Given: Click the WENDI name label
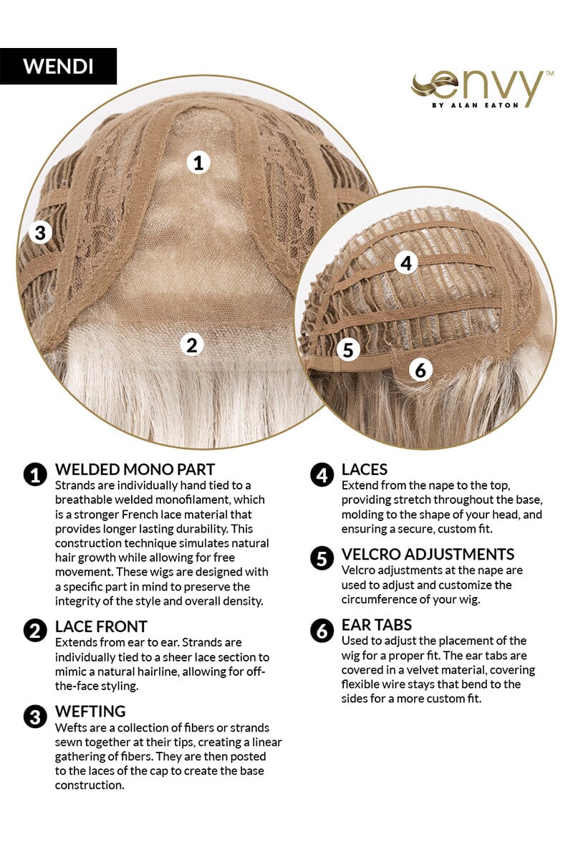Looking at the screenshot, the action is point(58,66).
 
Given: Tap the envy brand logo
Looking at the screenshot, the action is point(481,89).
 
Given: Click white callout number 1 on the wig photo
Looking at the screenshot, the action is point(198,162).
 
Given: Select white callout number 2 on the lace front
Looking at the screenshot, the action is point(192,345).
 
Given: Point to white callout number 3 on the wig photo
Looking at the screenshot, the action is point(40,233).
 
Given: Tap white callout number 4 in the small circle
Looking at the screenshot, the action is point(406,263).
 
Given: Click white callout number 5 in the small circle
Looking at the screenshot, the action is point(348,350).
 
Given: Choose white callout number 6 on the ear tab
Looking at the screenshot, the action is point(420,370).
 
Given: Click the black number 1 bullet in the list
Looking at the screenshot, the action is point(35,475).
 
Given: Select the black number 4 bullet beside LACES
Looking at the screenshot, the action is point(322,475).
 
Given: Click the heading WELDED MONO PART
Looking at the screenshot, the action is point(135,469).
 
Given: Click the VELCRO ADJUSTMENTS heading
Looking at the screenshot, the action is point(428,555).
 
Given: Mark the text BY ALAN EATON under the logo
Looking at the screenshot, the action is point(475,105).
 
